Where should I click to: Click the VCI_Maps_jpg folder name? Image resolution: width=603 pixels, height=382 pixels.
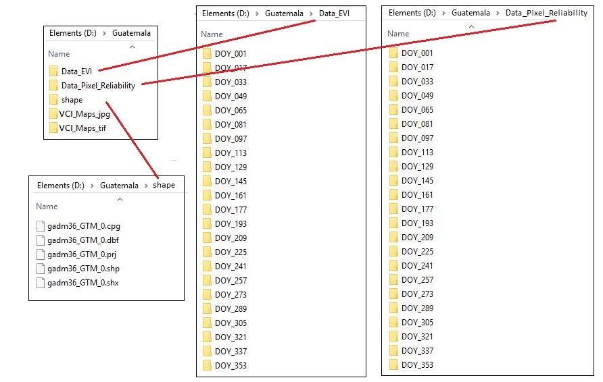85,114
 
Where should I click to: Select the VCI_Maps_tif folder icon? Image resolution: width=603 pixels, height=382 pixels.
53,128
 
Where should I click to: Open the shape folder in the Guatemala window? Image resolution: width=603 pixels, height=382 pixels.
72,100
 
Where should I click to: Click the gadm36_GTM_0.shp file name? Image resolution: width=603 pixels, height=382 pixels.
83,269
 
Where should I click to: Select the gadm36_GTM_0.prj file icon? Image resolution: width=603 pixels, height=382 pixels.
41,254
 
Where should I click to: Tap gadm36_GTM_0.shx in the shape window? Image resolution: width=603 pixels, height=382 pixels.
83,283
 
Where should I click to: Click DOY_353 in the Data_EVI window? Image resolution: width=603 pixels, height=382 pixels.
231,366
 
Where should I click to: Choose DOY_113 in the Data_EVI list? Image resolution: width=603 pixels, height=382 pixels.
231,153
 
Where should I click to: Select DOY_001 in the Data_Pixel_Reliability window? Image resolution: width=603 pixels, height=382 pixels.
417,53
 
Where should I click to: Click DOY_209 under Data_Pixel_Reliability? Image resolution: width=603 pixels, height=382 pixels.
417,238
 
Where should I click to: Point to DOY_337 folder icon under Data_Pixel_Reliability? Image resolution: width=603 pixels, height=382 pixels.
393,350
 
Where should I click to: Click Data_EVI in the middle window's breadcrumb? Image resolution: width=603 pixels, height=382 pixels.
334,13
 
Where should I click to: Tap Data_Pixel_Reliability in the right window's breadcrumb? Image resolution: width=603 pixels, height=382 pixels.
546,13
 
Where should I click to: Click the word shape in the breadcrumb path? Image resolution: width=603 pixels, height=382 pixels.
164,185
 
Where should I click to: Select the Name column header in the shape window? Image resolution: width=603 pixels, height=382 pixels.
47,206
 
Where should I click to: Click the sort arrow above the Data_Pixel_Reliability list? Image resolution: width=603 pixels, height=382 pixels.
471,26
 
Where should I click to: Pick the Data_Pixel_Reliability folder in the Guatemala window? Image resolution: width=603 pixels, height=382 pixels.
98,86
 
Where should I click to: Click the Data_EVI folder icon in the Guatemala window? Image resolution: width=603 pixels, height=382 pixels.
53,71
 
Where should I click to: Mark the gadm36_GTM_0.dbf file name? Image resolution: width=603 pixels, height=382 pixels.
83,240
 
